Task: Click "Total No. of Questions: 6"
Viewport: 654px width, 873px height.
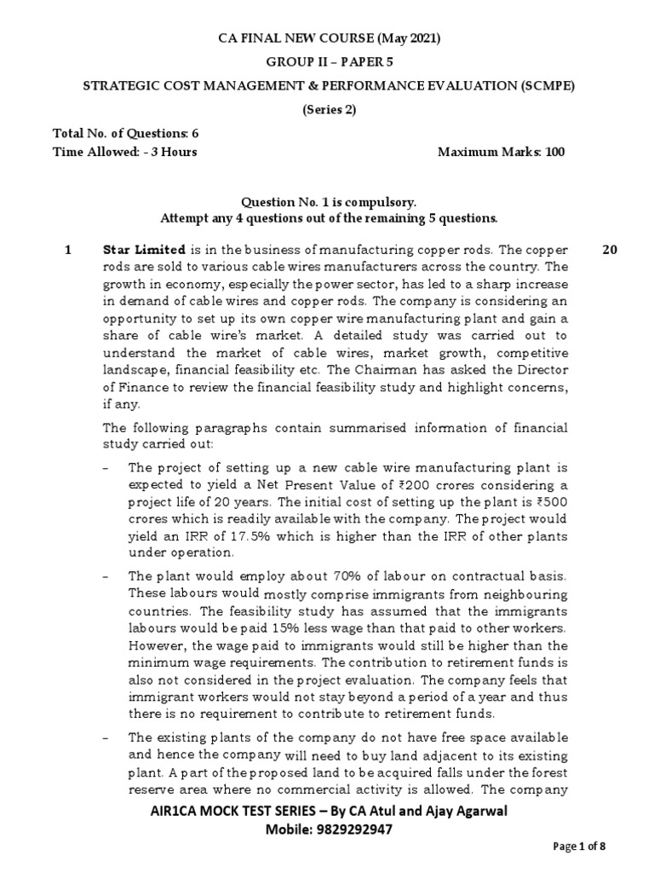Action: (126, 133)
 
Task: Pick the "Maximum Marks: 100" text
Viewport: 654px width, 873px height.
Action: (501, 152)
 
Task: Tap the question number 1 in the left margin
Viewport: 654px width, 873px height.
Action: (68, 250)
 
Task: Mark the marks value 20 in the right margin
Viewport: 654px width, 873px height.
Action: (610, 250)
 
